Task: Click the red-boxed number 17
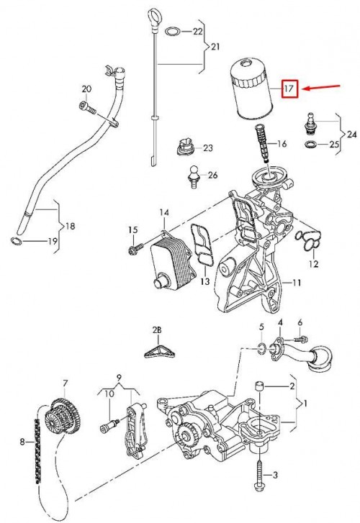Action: click(289, 89)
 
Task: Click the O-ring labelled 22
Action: click(172, 32)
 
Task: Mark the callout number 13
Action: click(205, 281)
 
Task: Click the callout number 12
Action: click(313, 264)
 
